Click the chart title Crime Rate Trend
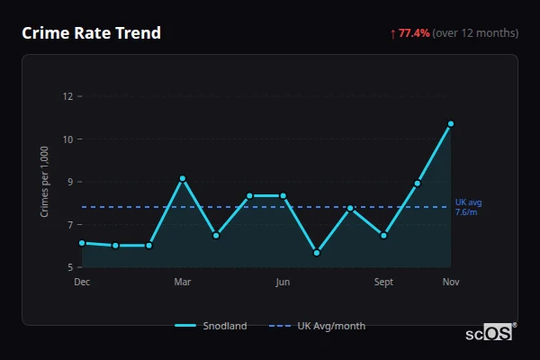tap(91, 33)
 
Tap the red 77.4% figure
tap(415, 33)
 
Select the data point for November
tap(451, 123)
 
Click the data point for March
tap(183, 178)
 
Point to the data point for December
tap(82, 243)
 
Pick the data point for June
tap(283, 195)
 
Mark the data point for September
tap(384, 236)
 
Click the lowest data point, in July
tap(317, 253)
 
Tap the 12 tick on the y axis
tap(67, 96)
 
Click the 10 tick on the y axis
tap(67, 139)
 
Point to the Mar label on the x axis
tap(183, 283)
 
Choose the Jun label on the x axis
tap(283, 283)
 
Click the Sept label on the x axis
tap(384, 283)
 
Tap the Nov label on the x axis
tap(451, 283)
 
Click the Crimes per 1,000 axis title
tap(44, 182)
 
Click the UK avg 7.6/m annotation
tap(469, 207)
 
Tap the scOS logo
tap(490, 333)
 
